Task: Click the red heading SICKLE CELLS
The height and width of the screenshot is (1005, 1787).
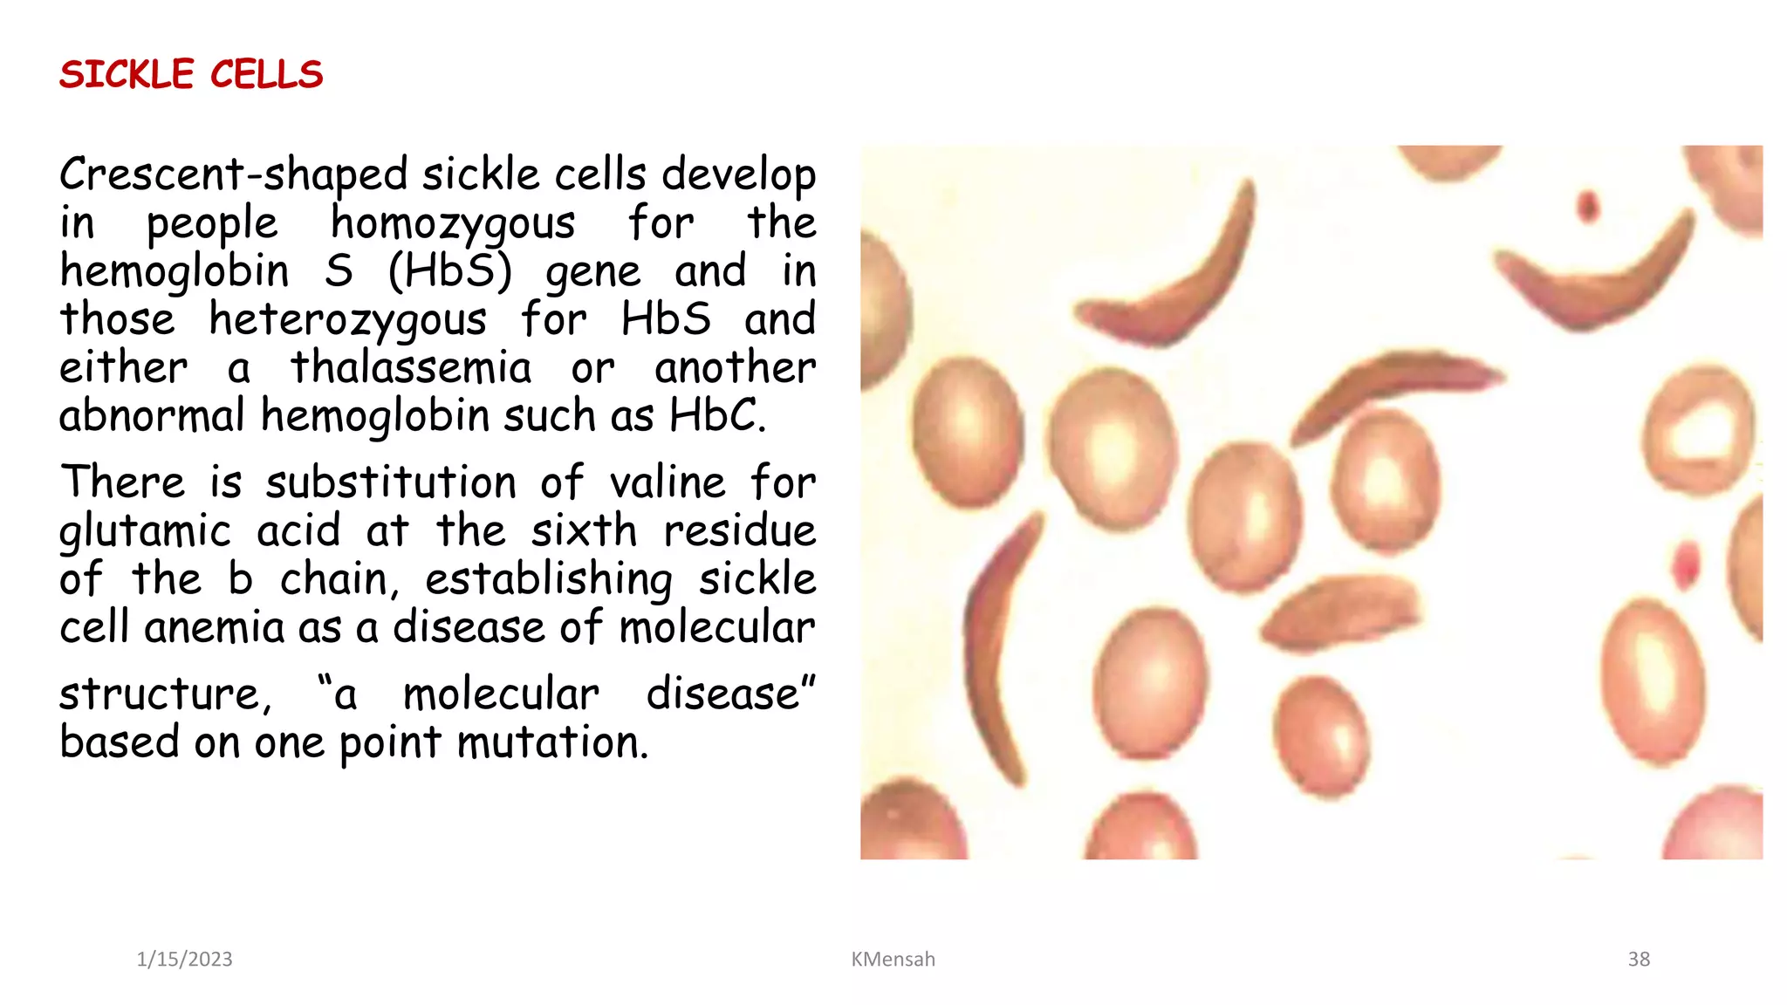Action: [191, 75]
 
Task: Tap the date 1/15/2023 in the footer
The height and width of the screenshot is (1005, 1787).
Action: [184, 959]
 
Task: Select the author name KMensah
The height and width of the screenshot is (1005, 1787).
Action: [893, 959]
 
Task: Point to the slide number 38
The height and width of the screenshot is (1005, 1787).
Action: [1639, 959]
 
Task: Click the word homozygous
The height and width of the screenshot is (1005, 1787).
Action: [453, 223]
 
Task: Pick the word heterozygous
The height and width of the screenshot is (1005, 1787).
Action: [347, 319]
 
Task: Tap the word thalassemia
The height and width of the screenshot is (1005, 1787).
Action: [411, 367]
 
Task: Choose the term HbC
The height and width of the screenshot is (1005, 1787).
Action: [715, 415]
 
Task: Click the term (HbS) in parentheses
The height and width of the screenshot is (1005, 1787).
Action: [449, 271]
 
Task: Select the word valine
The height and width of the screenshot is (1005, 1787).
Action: [668, 482]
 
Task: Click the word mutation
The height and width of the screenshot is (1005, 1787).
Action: [551, 742]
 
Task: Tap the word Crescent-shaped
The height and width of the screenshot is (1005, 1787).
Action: [233, 175]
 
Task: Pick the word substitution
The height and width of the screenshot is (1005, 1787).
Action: [391, 482]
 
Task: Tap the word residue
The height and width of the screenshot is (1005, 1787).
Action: [739, 530]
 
